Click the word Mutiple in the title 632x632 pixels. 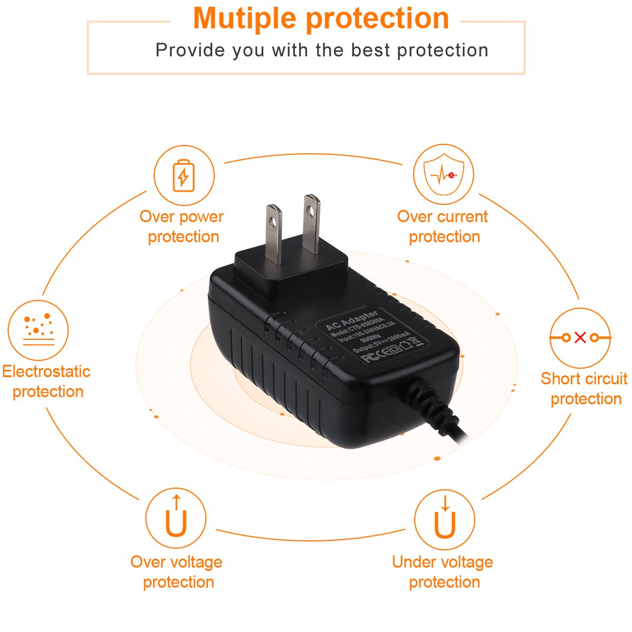[x=245, y=18]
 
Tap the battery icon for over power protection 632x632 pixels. [x=184, y=176]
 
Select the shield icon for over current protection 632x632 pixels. [x=443, y=174]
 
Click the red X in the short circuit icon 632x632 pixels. [x=580, y=338]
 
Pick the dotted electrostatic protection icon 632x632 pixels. [x=38, y=330]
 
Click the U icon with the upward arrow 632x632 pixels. [x=176, y=518]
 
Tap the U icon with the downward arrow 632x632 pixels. [x=445, y=519]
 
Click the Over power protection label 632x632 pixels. [x=182, y=226]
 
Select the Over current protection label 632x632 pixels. [x=443, y=226]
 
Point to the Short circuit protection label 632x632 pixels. [x=584, y=389]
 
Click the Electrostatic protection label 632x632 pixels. [x=46, y=381]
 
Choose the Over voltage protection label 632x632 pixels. [x=176, y=572]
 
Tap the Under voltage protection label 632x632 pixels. [x=443, y=572]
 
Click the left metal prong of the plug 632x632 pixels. [x=273, y=234]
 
